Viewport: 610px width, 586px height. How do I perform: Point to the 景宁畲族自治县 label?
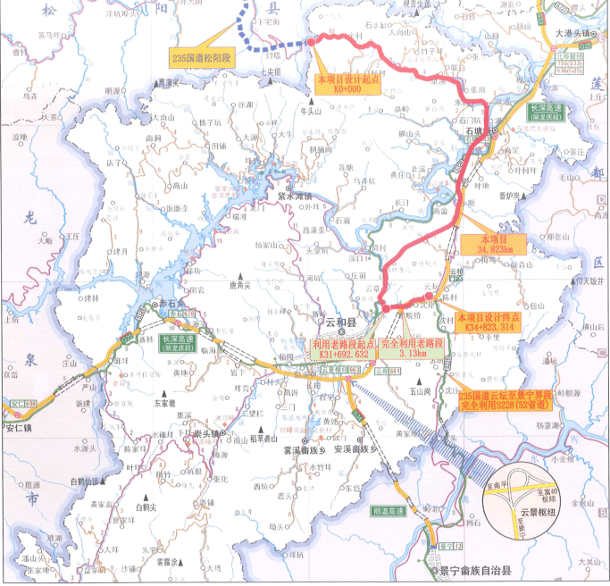click(x=473, y=570)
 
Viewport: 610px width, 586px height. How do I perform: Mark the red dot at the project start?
click(x=312, y=41)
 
